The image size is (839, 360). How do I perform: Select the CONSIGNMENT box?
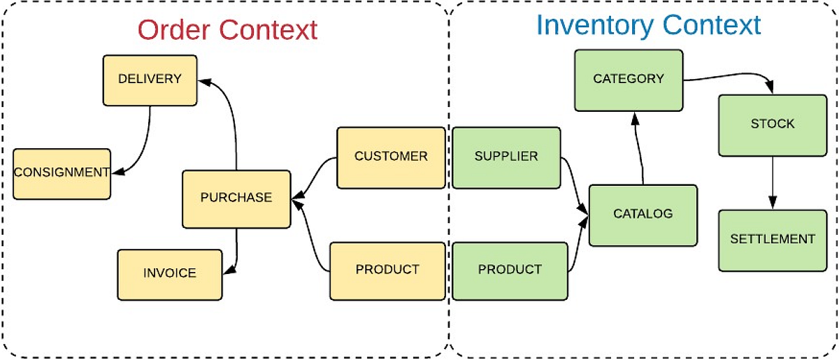point(62,173)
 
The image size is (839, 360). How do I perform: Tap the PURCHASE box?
point(236,199)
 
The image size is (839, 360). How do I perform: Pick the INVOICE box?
point(170,274)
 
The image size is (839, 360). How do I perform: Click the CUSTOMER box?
point(391,157)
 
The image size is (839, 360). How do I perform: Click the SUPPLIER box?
point(506,157)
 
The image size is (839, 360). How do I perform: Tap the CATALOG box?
point(643,215)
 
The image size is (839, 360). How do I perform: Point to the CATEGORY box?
point(629,80)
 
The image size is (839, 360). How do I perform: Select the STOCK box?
point(773,124)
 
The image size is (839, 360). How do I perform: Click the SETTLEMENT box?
point(773,240)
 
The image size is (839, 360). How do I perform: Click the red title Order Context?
point(227,30)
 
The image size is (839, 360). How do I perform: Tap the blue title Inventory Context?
point(648,26)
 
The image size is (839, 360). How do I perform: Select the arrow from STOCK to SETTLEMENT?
point(773,182)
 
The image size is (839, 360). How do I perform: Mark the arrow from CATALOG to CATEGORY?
point(640,150)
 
